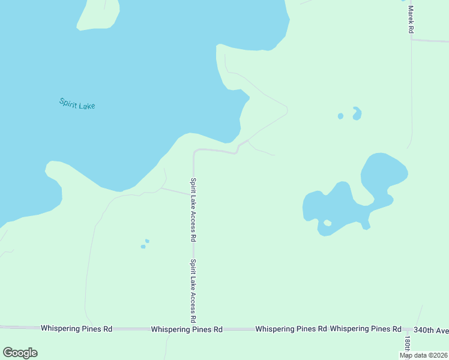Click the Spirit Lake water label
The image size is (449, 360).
tap(77, 103)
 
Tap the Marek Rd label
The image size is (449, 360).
tap(411, 19)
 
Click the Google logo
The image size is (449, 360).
tap(20, 353)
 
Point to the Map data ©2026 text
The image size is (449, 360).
tap(423, 355)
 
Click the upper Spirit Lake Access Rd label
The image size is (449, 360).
tap(193, 209)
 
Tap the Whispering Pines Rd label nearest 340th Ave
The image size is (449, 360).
tap(365, 329)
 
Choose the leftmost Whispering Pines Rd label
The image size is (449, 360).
tap(76, 329)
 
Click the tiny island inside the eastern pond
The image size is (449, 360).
tap(327, 223)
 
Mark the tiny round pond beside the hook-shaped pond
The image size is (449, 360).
tap(340, 116)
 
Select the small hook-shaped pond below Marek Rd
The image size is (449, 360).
tap(357, 113)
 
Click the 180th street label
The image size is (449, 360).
tap(407, 344)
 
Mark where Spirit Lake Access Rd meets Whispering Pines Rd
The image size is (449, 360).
tap(193, 329)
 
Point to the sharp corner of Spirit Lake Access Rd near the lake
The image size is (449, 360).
tap(194, 151)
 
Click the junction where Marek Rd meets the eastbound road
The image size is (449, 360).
tap(411, 40)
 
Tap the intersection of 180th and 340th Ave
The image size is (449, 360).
tap(408, 329)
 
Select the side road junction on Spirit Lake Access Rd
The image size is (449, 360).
tap(193, 194)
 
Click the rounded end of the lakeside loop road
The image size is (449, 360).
tap(287, 110)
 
